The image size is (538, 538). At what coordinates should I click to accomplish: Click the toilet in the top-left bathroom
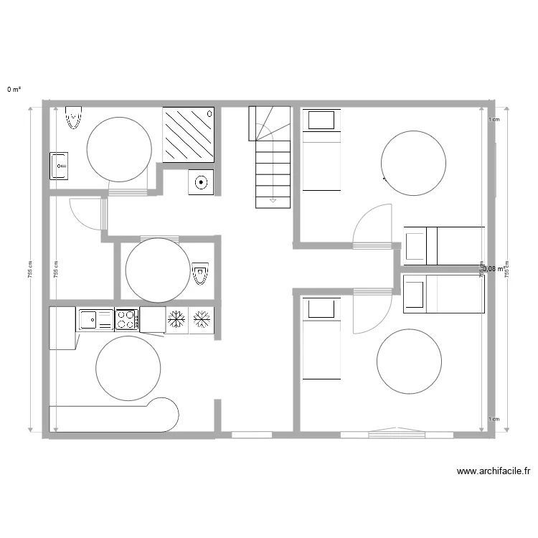pyautogui.click(x=73, y=118)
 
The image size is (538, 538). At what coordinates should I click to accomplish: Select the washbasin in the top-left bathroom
pyautogui.click(x=59, y=166)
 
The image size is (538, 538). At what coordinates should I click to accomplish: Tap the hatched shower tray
pyautogui.click(x=189, y=133)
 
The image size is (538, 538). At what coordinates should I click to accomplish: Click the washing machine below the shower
pyautogui.click(x=200, y=182)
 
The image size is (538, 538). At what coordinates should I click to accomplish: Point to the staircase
pyautogui.click(x=271, y=158)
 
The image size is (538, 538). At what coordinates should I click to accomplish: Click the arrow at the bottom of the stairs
pyautogui.click(x=273, y=199)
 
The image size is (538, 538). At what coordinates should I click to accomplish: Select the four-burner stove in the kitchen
pyautogui.click(x=127, y=319)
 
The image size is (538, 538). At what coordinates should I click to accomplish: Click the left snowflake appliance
pyautogui.click(x=176, y=319)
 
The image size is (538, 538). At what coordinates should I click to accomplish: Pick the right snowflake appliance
pyautogui.click(x=202, y=319)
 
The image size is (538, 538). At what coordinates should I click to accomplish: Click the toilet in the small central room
pyautogui.click(x=201, y=273)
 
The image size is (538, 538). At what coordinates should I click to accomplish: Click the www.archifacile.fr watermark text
pyautogui.click(x=493, y=471)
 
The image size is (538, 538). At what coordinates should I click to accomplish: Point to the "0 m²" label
pyautogui.click(x=14, y=90)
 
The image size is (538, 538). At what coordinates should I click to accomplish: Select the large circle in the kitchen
pyautogui.click(x=128, y=369)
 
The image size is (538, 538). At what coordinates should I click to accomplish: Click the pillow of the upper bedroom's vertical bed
pyautogui.click(x=320, y=120)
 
